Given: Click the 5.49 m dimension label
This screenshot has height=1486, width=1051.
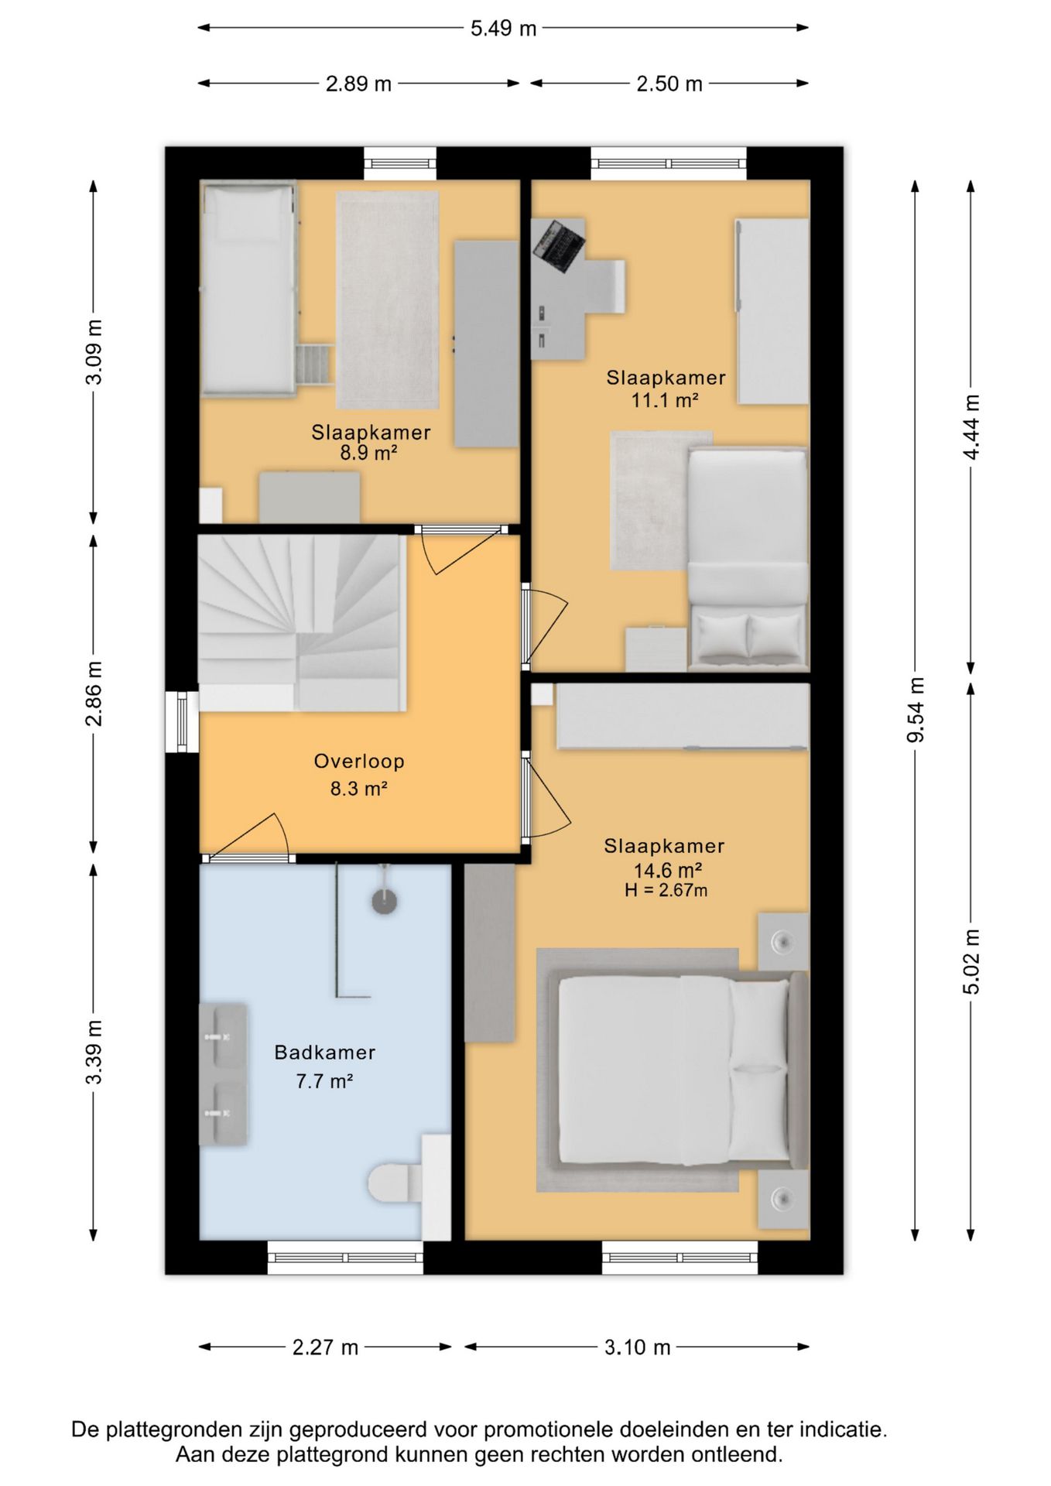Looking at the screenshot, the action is click(x=503, y=29).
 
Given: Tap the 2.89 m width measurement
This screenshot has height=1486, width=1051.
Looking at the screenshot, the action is click(x=358, y=84).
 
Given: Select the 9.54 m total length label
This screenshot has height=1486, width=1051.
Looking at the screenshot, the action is click(x=916, y=710).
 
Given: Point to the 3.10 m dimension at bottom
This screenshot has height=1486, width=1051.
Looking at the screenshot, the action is click(x=637, y=1347).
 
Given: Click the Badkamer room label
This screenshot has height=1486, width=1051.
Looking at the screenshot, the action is click(x=325, y=1053).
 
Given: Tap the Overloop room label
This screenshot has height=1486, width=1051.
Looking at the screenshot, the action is click(x=359, y=761).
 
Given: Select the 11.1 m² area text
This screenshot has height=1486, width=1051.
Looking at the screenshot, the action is click(x=665, y=400).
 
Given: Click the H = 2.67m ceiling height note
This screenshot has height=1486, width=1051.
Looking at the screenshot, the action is click(x=666, y=890).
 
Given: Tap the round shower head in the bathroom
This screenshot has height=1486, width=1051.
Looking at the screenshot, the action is click(x=385, y=901).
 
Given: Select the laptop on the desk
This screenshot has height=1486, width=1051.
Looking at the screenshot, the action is click(x=557, y=245).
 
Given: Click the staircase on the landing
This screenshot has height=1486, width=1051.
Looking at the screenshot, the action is click(x=302, y=622).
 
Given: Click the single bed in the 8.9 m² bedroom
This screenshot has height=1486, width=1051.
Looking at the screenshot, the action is click(x=248, y=289).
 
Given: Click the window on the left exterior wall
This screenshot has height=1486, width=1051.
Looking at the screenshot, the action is click(x=183, y=722).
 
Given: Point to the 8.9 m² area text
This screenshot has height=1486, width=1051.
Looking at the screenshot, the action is click(x=368, y=454).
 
